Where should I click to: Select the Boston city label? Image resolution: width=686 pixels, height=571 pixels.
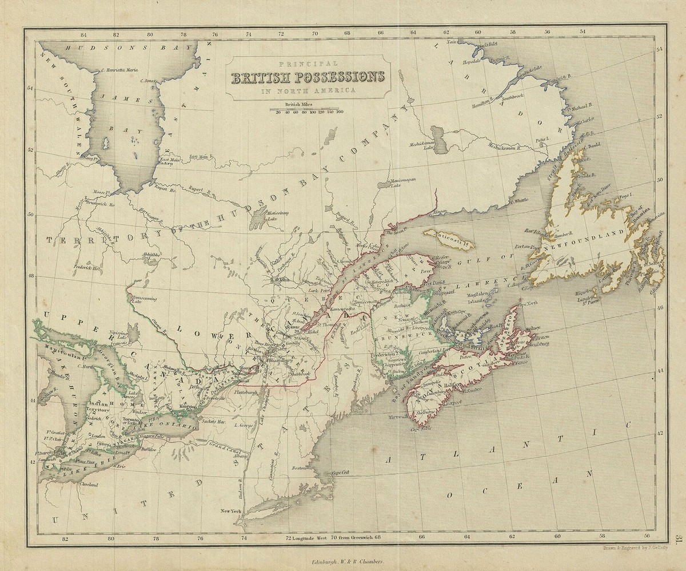(x=297, y=468)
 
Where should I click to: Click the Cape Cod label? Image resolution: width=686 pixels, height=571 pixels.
(x=340, y=473)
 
